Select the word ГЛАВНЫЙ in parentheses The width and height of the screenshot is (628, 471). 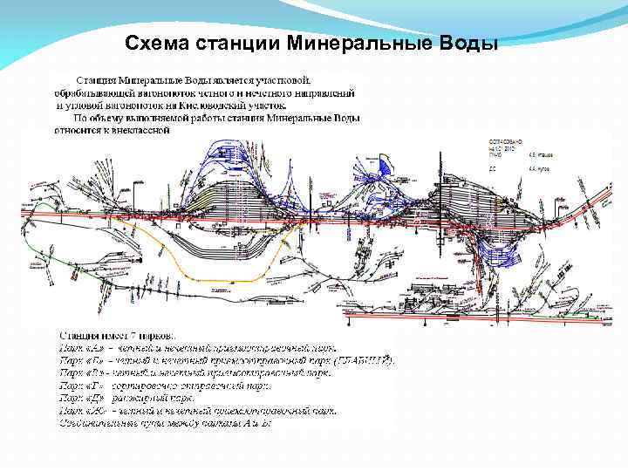364,359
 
